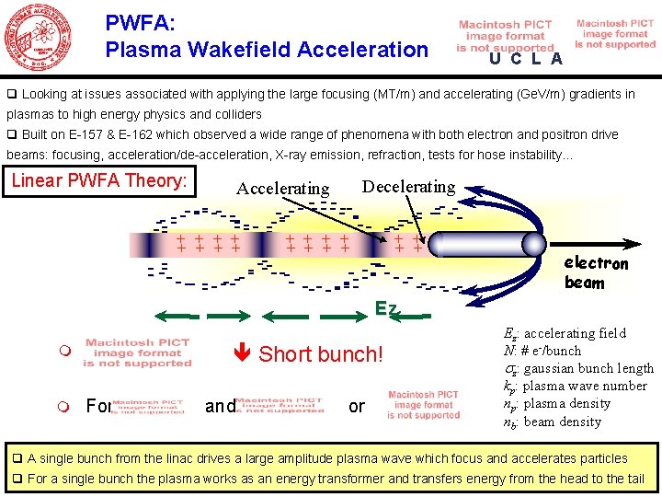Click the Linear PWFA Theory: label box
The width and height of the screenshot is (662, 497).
pyautogui.click(x=99, y=180)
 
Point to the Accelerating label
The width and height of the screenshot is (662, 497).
pyautogui.click(x=282, y=189)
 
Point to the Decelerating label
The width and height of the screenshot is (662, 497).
pyautogui.click(x=408, y=187)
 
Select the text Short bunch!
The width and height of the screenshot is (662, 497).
pyautogui.click(x=321, y=354)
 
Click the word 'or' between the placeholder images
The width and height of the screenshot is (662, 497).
pyautogui.click(x=357, y=406)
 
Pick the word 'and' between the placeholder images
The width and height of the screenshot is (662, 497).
pyautogui.click(x=220, y=406)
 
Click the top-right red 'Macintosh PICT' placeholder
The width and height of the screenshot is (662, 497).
pyautogui.click(x=615, y=34)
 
